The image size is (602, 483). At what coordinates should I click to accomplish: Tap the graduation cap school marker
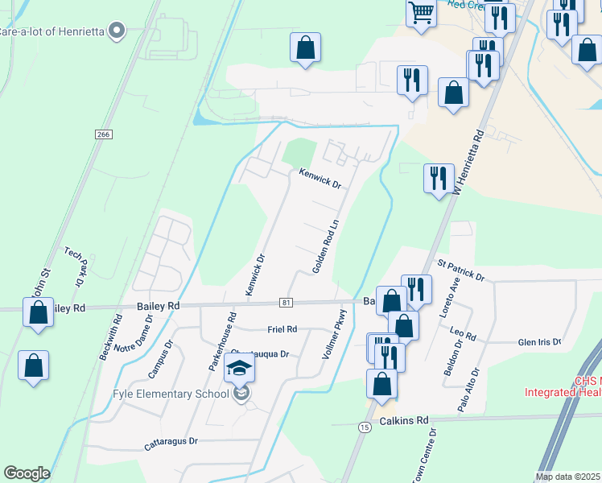pos(238,369)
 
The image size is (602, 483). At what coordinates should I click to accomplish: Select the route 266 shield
pos(101,134)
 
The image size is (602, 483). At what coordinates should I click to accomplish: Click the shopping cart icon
pos(421,13)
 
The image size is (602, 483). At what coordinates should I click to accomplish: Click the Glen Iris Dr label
pos(539,341)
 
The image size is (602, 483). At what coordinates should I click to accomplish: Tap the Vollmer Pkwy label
pos(337,334)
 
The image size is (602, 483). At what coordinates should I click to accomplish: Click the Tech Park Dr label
pos(75,266)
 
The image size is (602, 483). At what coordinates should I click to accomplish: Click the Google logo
pos(27,473)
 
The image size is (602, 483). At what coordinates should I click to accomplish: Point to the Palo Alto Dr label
pos(468,390)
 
